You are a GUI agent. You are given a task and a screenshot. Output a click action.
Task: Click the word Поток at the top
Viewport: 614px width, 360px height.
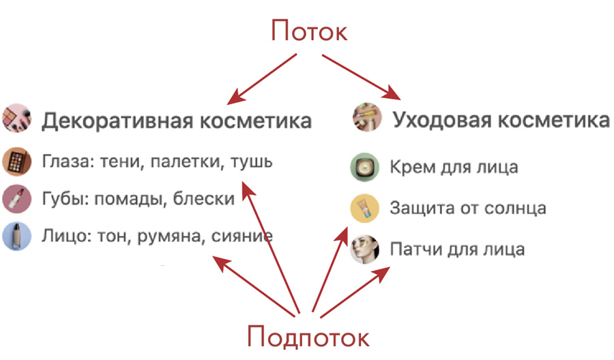pos(308,31)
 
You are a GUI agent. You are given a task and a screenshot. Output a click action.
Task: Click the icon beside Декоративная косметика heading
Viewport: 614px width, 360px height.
pos(16,118)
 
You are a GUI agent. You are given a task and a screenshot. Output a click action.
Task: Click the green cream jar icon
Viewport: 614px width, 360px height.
pos(364,167)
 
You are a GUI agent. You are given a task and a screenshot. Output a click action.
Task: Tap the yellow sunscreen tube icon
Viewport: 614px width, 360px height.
pos(364,208)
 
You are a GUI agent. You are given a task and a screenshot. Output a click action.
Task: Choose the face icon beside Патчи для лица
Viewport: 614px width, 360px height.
pos(364,249)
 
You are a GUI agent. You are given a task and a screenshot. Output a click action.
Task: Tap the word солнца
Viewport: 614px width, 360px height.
pos(517,208)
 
